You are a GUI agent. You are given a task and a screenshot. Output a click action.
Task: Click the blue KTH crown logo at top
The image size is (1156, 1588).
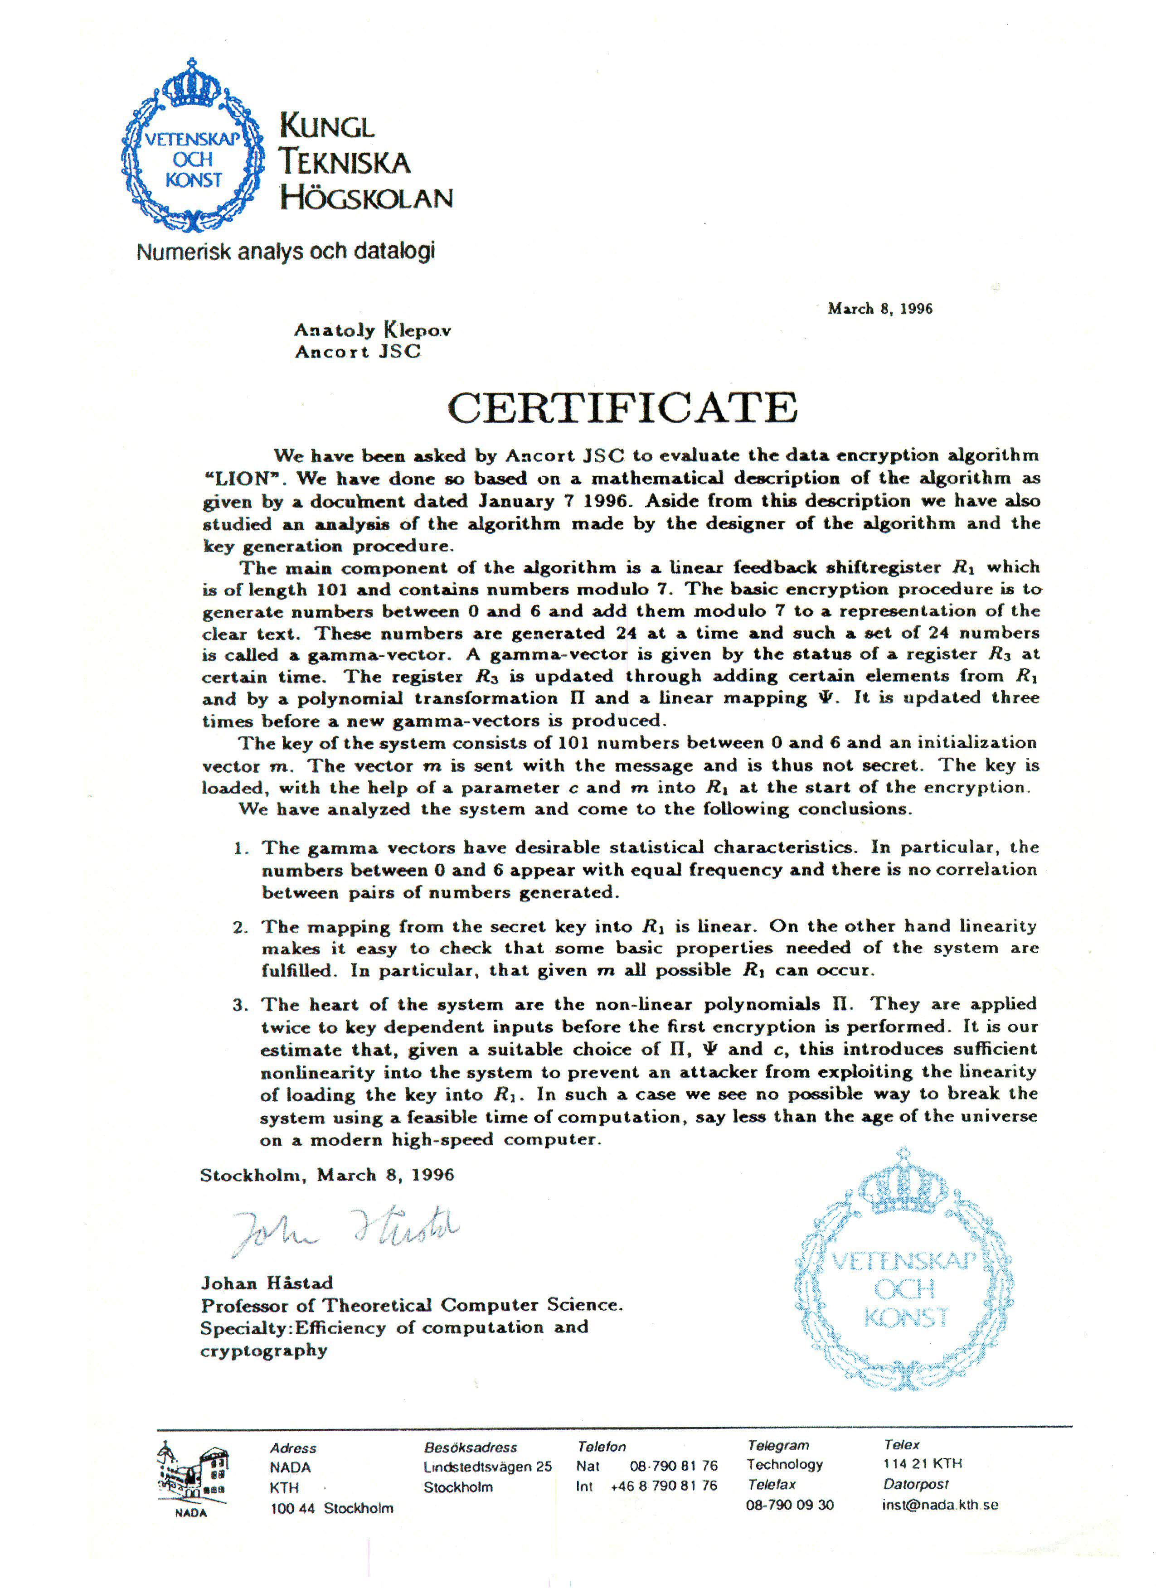(x=191, y=147)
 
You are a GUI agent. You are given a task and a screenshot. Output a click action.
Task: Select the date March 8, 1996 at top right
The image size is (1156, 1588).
(x=879, y=309)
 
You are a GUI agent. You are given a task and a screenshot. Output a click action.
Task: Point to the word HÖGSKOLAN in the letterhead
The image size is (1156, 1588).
(x=366, y=198)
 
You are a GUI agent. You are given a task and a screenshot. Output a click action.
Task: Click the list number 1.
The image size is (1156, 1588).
(x=240, y=849)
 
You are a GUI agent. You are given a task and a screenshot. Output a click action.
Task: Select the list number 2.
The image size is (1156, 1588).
(x=240, y=928)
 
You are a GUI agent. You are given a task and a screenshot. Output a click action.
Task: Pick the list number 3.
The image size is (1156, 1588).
(x=240, y=1006)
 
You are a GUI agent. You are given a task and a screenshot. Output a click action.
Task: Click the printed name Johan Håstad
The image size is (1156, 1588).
(x=267, y=1283)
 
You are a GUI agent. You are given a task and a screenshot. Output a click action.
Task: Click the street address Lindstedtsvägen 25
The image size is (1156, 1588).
(x=487, y=1467)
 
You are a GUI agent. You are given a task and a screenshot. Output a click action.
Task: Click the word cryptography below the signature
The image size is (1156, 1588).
(x=264, y=1351)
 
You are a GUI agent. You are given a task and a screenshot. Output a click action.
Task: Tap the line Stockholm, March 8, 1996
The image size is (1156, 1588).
(x=327, y=1175)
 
